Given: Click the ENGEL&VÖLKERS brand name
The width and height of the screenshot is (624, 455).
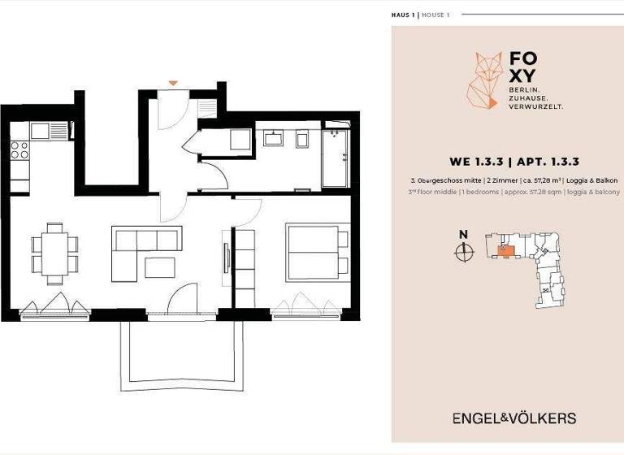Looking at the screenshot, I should click(x=514, y=418).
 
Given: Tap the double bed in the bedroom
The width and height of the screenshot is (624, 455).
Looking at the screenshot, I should click(x=317, y=251).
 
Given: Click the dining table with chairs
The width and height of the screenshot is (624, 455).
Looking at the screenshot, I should click(x=55, y=253).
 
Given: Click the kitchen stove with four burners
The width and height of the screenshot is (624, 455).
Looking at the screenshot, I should click(x=19, y=150).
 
